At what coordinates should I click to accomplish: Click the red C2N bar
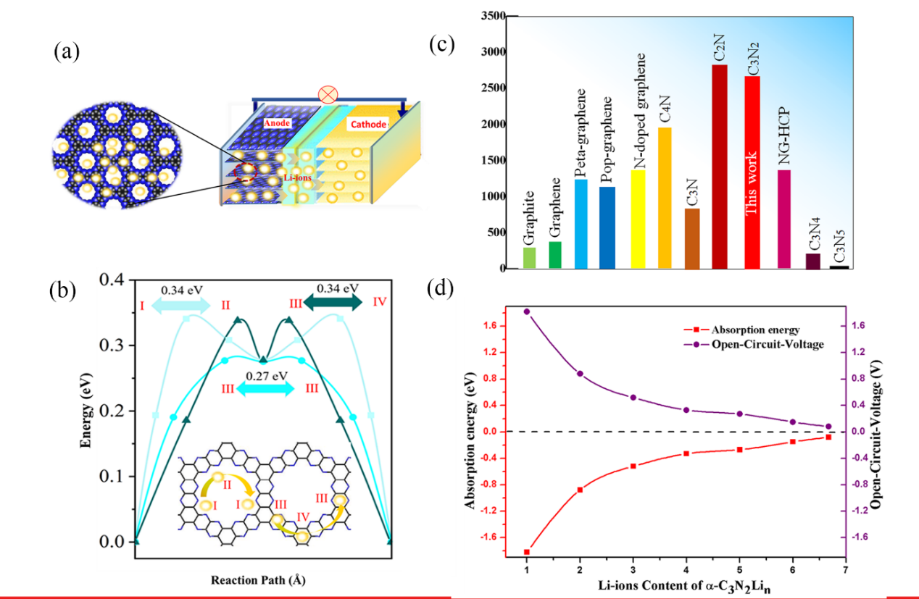point(720,167)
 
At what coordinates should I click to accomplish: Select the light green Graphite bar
point(529,258)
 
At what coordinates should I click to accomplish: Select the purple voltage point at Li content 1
point(527,311)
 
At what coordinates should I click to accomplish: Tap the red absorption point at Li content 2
point(580,490)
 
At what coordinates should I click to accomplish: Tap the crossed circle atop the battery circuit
point(328,94)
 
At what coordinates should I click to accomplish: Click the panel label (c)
point(441,45)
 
